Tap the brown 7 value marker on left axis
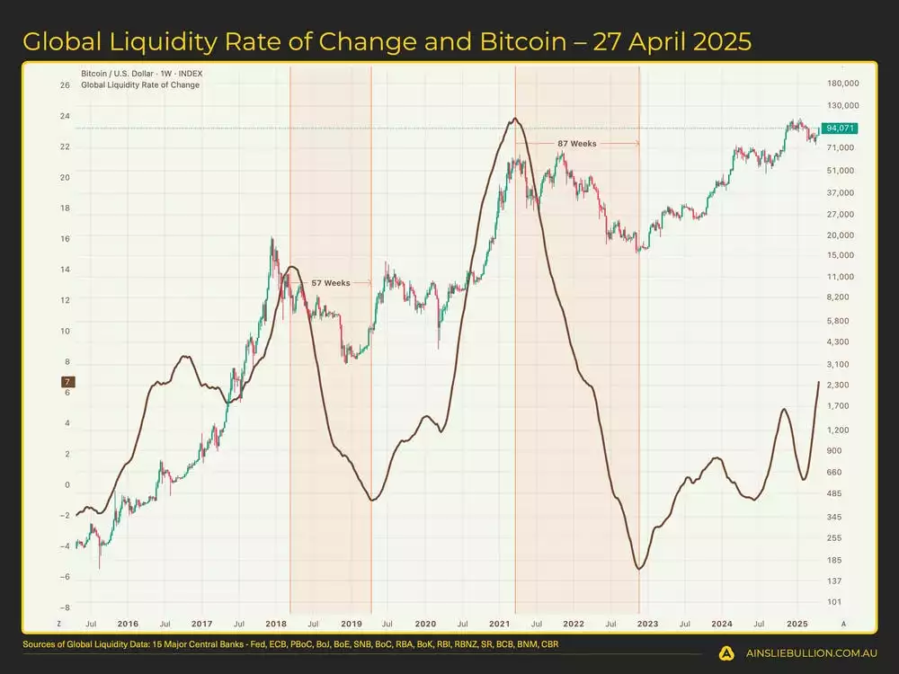[67, 383]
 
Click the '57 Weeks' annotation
[331, 283]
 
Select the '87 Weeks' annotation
[576, 144]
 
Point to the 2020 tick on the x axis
[425, 623]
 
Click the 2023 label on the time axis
[648, 623]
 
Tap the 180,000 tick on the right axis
[841, 84]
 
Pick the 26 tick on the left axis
[65, 85]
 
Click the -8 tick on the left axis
[65, 607]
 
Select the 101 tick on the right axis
[833, 602]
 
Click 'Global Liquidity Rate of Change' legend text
[140, 85]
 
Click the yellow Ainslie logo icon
[726, 653]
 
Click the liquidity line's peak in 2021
[514, 118]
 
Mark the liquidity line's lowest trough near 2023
[639, 569]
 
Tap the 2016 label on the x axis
[128, 623]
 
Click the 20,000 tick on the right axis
[840, 235]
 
